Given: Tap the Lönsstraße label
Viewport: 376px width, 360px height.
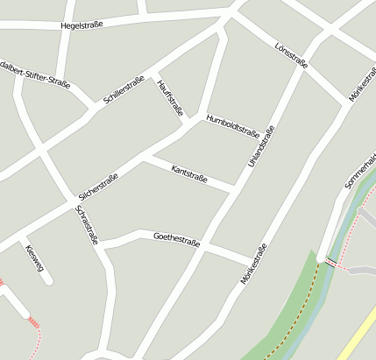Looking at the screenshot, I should tap(291, 54).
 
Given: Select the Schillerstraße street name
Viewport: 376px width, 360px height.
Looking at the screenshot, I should tap(124, 90).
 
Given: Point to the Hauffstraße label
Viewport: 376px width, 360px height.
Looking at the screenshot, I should tap(170, 97).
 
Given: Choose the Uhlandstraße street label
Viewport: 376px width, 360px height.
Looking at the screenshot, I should tap(261, 146).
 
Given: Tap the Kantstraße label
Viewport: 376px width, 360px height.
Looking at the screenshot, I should tap(189, 173).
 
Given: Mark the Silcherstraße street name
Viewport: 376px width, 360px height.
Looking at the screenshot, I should tap(98, 187).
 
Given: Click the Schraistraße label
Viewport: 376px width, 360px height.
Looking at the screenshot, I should tap(88, 226).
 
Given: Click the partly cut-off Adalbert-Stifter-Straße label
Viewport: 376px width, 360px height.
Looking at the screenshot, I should tap(35, 76).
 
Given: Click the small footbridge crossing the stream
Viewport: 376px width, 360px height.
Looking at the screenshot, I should tap(330, 261).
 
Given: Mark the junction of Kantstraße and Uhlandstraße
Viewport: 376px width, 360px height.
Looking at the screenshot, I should tap(234, 188).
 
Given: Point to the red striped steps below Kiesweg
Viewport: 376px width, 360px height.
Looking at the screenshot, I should tap(33, 322).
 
